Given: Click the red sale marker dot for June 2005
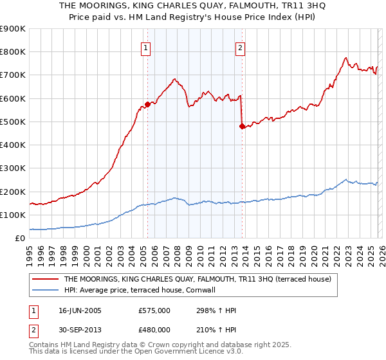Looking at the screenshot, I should coord(147,104).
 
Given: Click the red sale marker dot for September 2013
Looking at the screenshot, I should coord(242,126).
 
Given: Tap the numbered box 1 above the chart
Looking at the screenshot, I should coord(146,48).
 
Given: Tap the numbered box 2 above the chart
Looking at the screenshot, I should coord(240,48).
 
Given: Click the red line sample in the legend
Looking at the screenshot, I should coord(46,279).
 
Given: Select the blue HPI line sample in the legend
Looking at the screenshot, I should coord(46,290).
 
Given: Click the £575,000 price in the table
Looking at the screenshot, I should coord(154,310).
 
